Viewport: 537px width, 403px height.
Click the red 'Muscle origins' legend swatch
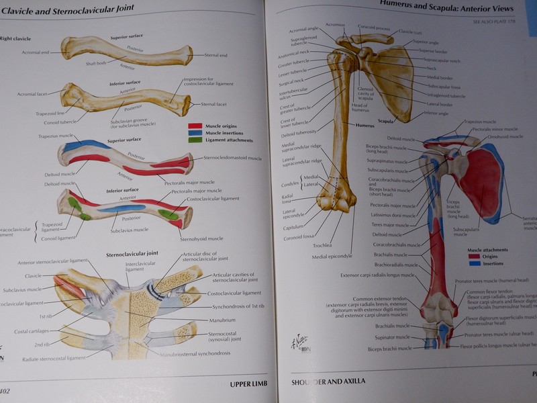tap(195, 126)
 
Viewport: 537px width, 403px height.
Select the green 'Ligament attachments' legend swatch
tap(195, 140)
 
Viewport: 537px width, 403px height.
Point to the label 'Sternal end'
tap(215, 55)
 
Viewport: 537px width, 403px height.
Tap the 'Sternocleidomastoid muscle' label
tap(232, 158)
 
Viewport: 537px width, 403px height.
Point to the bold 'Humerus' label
tap(364, 125)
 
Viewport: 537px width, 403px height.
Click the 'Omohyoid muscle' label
tap(505, 136)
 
